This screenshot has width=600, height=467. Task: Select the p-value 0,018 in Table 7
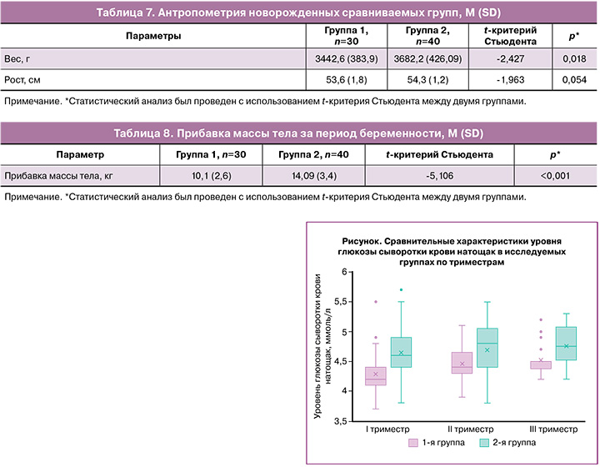click(574, 58)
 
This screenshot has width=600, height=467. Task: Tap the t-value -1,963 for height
click(511, 79)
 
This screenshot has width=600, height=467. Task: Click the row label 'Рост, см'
click(22, 80)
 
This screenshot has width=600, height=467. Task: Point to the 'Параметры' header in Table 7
click(153, 36)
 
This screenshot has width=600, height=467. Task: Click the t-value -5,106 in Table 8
click(440, 176)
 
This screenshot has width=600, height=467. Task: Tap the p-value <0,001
click(555, 176)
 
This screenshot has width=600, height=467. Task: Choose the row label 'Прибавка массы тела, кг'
click(58, 176)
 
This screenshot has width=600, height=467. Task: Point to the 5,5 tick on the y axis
click(340, 302)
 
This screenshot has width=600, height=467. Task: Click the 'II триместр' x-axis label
click(470, 429)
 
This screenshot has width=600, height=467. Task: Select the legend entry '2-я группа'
click(507, 443)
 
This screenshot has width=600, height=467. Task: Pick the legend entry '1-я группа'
click(437, 443)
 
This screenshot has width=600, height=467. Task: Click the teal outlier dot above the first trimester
click(401, 289)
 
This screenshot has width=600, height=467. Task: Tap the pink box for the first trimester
click(375, 376)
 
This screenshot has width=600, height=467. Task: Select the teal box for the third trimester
click(566, 344)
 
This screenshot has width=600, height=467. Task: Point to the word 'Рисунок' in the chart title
click(361, 242)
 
